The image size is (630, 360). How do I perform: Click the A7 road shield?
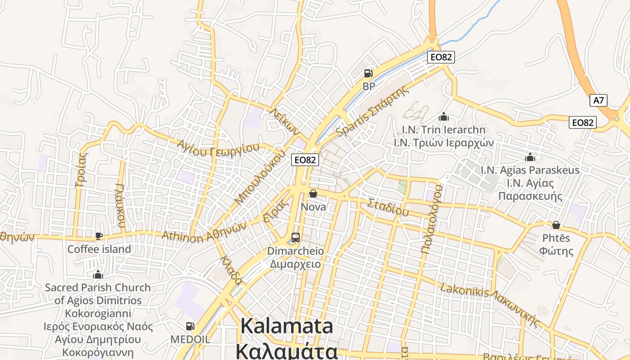pos(598,100)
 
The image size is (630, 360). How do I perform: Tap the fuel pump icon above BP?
pos(368,73)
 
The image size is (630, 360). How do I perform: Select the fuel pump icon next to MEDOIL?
pos(190,326)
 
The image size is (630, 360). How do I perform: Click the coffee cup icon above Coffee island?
pos(99,236)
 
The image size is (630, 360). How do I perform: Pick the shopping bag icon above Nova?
pos(313,193)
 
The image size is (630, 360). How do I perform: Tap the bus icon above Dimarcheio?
pos(295,237)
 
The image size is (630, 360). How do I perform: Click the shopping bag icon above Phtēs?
pos(556,225)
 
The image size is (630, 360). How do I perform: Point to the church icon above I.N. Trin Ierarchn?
pos(444,117)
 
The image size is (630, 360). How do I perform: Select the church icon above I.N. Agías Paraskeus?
pos(530,157)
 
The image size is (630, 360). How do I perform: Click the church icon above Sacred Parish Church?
pos(98,274)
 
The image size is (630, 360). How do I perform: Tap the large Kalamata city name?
pos(287,326)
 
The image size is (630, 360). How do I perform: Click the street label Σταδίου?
pos(388,207)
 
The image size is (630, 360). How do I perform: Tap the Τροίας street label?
pos(82,170)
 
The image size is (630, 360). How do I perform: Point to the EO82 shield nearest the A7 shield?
pos(582,122)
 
